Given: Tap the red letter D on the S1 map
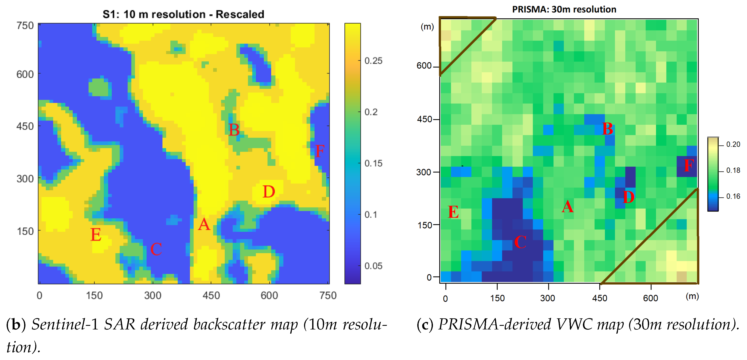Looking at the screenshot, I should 269,192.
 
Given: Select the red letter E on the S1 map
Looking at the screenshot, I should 96,235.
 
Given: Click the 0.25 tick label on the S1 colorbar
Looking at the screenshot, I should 373,61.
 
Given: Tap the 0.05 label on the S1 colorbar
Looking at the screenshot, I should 373,266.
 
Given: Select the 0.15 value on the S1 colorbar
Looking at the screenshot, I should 373,163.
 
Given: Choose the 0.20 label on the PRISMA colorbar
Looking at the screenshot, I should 733,144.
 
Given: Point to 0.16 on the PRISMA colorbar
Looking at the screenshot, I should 733,197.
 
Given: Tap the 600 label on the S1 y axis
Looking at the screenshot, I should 25,75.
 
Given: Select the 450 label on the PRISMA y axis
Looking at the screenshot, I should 424,119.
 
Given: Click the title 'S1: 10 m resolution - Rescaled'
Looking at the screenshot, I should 183,14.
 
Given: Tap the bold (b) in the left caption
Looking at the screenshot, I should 16,324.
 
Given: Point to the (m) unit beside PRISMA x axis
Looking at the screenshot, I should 692,296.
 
